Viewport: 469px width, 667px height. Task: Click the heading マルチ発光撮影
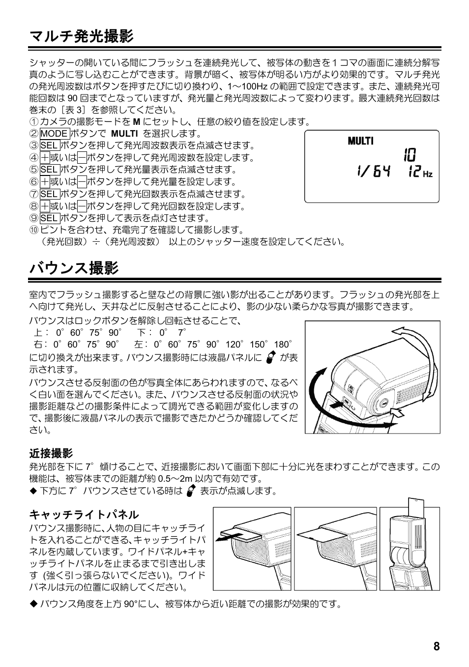coord(81,36)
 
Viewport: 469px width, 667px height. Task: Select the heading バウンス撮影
coord(74,268)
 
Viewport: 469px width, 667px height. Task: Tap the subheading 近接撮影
coord(51,453)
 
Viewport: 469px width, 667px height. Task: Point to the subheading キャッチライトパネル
coord(84,515)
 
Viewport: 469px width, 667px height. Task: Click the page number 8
coord(437,647)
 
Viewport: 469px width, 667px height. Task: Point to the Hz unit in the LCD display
coord(428,174)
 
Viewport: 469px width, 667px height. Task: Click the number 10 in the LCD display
coord(409,155)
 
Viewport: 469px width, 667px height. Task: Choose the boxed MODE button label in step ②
coord(54,134)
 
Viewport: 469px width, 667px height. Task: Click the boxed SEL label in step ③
coord(49,145)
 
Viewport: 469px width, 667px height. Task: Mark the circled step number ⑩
coord(33,230)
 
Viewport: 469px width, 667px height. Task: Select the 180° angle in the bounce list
coord(283,345)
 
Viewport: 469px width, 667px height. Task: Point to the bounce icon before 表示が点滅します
coord(191,491)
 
